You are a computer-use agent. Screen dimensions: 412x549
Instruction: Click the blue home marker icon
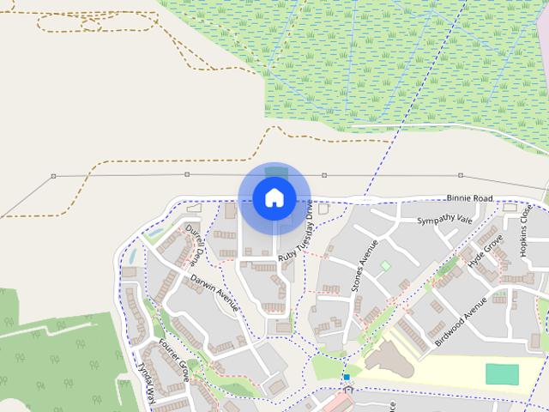[x=274, y=197]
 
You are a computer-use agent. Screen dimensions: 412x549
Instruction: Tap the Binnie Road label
[x=470, y=198]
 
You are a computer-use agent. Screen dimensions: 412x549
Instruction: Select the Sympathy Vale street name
[x=444, y=221]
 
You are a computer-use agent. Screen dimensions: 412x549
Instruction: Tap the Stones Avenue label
[x=365, y=266]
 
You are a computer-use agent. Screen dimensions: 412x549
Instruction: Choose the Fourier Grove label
[x=174, y=360]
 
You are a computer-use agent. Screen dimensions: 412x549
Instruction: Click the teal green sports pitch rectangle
[x=502, y=374]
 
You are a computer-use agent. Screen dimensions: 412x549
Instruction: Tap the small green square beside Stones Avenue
[x=385, y=266]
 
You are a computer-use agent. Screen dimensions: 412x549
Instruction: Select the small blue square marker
[x=346, y=377]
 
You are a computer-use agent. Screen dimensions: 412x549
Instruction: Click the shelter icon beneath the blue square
[x=347, y=390]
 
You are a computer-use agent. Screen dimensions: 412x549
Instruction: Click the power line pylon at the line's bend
[x=53, y=176]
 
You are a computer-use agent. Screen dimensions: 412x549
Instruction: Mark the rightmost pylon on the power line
[x=461, y=175]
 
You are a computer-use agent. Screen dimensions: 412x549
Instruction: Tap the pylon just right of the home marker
[x=324, y=175]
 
